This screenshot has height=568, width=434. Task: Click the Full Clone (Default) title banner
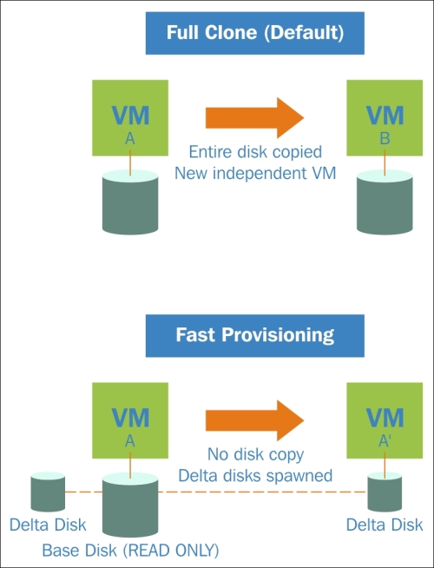255,33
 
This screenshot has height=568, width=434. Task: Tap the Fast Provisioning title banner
255,335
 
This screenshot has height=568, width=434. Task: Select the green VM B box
385,118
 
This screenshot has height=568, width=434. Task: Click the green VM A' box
385,420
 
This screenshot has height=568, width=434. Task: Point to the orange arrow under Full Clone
254,118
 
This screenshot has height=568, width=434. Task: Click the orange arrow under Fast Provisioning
254,420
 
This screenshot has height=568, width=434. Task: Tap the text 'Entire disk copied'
255,152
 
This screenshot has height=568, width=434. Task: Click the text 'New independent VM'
255,173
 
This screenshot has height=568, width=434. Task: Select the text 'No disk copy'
255,454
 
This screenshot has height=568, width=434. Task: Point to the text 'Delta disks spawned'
255,476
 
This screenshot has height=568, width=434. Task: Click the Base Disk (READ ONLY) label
131,551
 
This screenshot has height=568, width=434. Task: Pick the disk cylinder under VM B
385,202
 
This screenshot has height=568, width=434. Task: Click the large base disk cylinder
130,505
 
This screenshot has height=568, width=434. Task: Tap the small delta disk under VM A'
385,492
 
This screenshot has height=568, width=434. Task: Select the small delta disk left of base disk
48,492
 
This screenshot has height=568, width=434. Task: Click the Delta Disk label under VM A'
385,525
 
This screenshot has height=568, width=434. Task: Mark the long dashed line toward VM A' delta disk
263,492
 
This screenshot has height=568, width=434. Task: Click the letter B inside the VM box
385,138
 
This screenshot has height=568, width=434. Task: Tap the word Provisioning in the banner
278,335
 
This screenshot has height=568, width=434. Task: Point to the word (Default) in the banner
304,33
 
